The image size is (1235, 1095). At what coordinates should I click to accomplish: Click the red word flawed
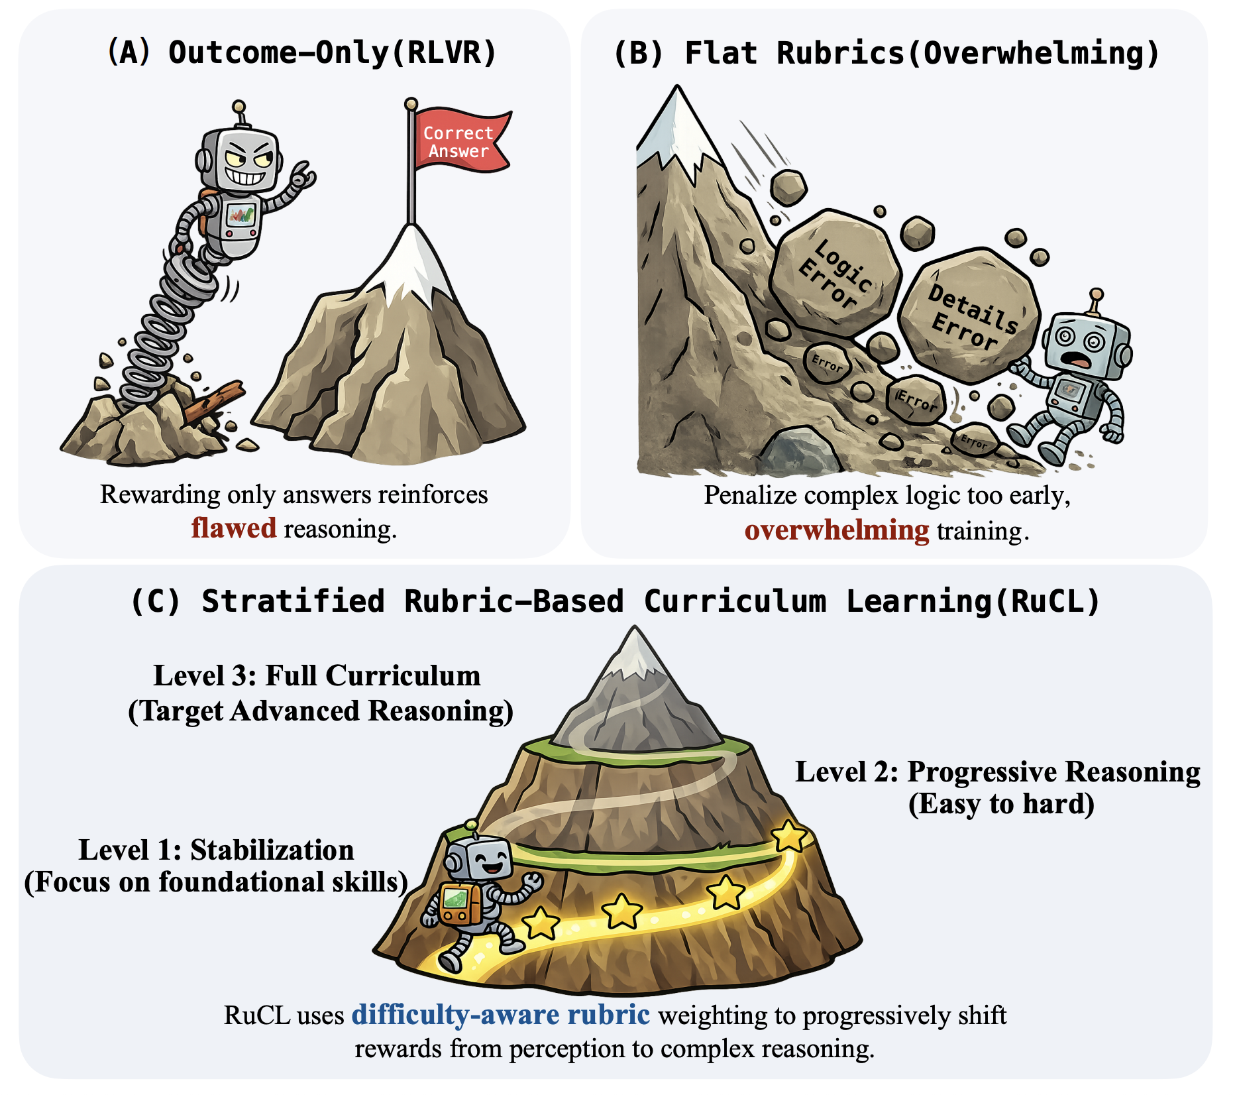[x=234, y=528]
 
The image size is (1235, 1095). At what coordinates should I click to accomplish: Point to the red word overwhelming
[x=837, y=530]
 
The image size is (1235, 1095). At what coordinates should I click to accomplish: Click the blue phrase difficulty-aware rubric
[x=500, y=1014]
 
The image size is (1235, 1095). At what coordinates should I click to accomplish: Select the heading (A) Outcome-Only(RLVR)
[x=302, y=52]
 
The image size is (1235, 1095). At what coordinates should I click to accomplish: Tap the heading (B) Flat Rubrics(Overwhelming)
[x=886, y=53]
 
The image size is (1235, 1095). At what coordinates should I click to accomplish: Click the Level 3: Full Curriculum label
[x=317, y=675]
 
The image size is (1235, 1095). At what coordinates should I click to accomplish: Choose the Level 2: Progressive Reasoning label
[x=998, y=772]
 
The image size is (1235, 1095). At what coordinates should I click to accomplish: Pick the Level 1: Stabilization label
[x=216, y=850]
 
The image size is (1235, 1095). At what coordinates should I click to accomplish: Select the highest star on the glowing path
[x=790, y=836]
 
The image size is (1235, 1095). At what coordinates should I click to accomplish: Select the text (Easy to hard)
[x=1001, y=804]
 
